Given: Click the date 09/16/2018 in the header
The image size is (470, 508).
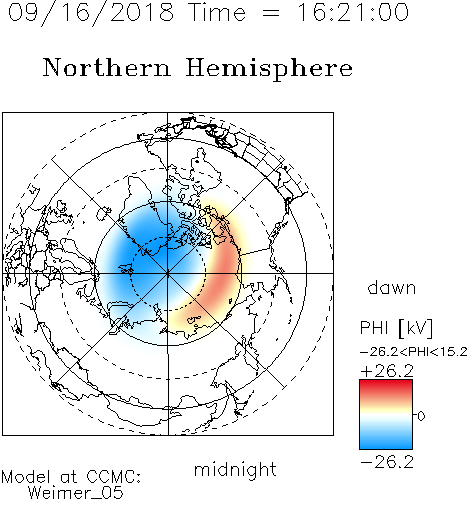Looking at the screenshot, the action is pos(91,13).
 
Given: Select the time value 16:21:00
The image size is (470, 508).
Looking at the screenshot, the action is pos(353,12).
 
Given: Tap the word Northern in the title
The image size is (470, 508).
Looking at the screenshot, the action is pos(107,68).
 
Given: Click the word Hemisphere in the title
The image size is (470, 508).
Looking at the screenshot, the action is pos(269,68).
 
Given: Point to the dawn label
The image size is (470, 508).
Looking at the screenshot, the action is pos(392,288).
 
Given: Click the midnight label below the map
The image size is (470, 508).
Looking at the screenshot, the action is pos(235,470).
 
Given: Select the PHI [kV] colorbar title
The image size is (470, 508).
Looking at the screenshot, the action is pos(396,328).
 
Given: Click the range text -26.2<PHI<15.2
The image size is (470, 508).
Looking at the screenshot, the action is pos(414,352).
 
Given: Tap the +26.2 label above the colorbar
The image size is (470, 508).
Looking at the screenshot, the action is pos(387,371).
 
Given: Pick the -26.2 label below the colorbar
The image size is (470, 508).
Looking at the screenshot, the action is pos(387,462).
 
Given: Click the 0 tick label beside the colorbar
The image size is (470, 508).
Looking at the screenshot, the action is pos(421,416).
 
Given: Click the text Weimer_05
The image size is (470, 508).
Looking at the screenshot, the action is pos(76,494).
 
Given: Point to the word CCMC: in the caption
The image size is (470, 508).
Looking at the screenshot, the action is pos(114,477).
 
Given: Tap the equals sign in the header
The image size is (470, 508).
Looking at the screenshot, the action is pos(271,13).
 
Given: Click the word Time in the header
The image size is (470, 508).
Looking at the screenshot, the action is pos(217,12).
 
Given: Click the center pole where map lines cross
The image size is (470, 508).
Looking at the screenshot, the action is pos(168,274).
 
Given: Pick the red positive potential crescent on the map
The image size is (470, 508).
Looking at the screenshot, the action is pos(224,273).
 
